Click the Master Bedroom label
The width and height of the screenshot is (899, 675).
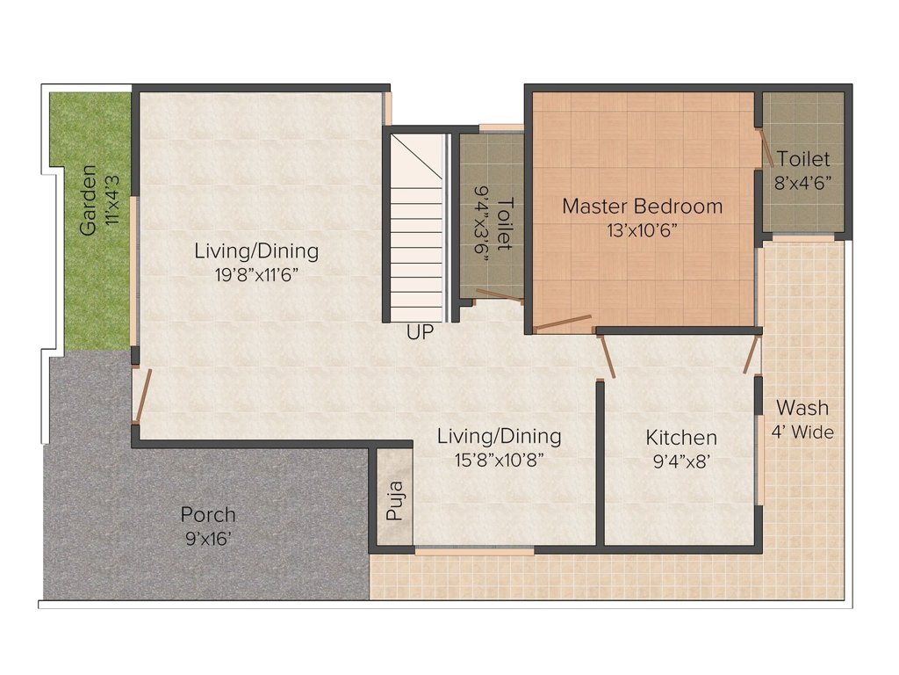[x=643, y=207]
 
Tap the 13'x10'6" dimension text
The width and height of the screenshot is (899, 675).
[x=643, y=230]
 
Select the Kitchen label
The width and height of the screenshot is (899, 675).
[x=681, y=438]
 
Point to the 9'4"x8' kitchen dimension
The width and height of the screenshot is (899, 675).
[x=681, y=460]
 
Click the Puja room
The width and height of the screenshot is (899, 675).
[x=394, y=499]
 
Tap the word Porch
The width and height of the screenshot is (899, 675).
[x=208, y=515]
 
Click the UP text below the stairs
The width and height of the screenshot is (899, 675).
[x=420, y=334]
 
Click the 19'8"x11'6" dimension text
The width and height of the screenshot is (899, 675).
[x=256, y=273]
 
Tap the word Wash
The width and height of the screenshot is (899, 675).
[x=802, y=409]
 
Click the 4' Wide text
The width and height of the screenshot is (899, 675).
[x=802, y=432]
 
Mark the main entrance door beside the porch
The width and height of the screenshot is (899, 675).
[x=142, y=394]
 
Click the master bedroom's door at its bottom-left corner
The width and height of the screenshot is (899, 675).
[x=563, y=323]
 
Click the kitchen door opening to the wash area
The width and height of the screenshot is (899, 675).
[x=751, y=353]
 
